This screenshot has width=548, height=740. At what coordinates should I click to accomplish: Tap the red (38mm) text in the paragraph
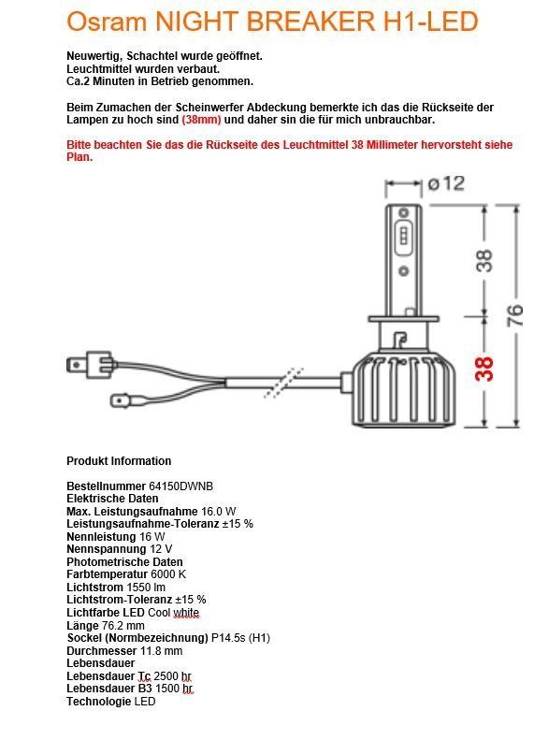click(x=201, y=120)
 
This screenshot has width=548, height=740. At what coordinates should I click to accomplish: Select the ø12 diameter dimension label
click(x=446, y=183)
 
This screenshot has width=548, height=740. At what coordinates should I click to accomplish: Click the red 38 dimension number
click(x=484, y=369)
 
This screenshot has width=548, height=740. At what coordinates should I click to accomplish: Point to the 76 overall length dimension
click(x=514, y=315)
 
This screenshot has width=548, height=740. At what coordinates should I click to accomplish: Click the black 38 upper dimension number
click(x=484, y=260)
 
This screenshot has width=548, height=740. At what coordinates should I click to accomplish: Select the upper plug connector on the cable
click(x=90, y=365)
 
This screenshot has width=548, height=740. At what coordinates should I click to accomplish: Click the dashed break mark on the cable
click(x=283, y=383)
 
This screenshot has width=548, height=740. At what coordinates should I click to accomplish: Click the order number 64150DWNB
click(x=181, y=486)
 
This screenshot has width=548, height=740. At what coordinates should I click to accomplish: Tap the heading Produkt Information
click(x=119, y=461)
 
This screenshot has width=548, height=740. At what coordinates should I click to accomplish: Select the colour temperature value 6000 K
click(x=168, y=574)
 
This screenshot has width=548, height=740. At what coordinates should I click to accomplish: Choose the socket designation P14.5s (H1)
click(x=240, y=638)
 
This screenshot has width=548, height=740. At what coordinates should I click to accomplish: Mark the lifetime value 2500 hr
click(x=173, y=676)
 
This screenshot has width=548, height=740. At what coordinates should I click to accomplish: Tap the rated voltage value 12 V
click(x=161, y=549)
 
